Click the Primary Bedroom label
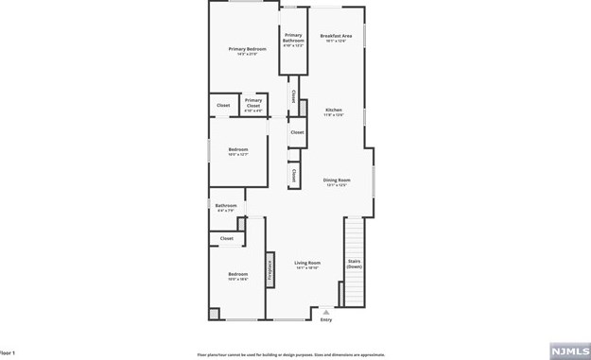click(x=247, y=49)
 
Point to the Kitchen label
click(x=334, y=110)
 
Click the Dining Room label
click(x=337, y=180)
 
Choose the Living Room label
click(x=307, y=263)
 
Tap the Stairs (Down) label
click(x=354, y=264)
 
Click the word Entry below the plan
click(x=326, y=320)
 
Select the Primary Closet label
click(x=253, y=102)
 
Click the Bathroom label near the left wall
click(x=226, y=206)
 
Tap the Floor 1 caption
click(x=8, y=352)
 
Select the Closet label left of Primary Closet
click(x=223, y=105)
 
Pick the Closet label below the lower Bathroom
click(x=227, y=239)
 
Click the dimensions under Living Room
click(x=307, y=268)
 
